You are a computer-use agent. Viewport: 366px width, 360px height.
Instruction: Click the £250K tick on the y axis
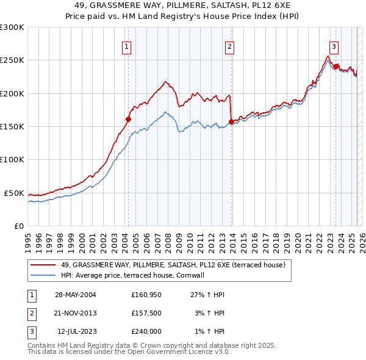tap(12, 60)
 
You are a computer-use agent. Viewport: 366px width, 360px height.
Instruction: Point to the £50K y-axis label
tap(15, 193)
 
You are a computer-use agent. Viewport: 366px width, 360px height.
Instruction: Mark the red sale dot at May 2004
tap(128, 120)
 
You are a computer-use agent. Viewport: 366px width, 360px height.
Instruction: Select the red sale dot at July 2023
tap(336, 67)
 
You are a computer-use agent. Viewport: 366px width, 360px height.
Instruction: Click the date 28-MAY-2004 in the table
tap(76, 295)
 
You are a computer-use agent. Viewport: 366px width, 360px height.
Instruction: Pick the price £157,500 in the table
tap(146, 313)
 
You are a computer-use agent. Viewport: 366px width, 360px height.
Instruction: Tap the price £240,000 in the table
tap(146, 331)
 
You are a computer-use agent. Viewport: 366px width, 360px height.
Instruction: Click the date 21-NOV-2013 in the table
tap(76, 313)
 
